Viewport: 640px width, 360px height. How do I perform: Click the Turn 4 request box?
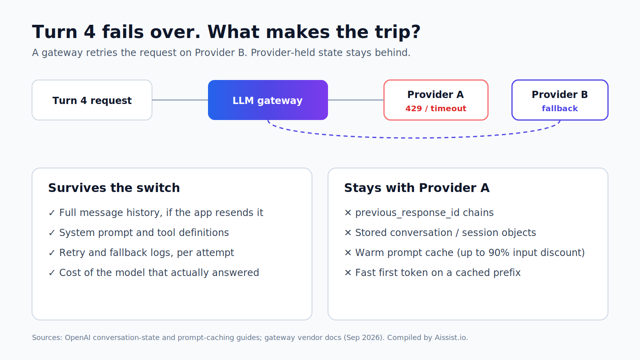[x=92, y=100]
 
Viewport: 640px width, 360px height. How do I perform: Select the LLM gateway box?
[x=268, y=100]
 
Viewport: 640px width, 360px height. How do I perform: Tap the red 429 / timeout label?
[x=436, y=108]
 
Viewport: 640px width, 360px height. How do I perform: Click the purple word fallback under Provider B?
[x=560, y=108]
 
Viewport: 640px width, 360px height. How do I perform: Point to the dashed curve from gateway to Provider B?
[x=414, y=138]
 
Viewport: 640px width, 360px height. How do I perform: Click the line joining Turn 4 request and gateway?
[x=180, y=100]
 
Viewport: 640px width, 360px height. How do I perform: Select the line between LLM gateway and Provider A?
[x=356, y=100]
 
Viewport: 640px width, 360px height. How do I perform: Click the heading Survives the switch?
[x=114, y=188]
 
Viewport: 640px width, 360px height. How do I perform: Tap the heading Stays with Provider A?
[x=417, y=188]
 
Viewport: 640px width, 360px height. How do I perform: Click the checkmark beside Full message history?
[x=52, y=213]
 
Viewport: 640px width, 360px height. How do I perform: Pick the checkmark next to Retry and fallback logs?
[x=52, y=253]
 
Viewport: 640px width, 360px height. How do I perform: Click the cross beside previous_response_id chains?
[x=348, y=213]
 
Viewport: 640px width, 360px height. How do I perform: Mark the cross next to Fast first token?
[x=348, y=273]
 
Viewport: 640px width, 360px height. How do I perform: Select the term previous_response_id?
[x=408, y=213]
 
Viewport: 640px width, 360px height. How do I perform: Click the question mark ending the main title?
[x=416, y=32]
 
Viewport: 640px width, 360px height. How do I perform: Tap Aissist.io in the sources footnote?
[x=452, y=338]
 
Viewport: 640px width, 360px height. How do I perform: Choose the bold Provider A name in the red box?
[x=436, y=94]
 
